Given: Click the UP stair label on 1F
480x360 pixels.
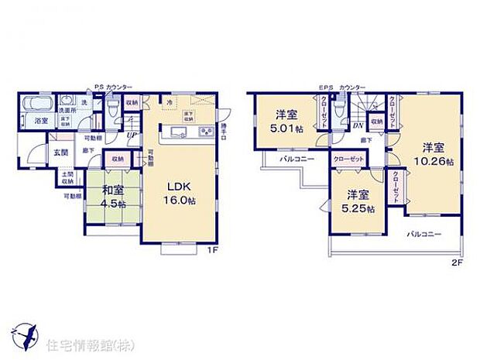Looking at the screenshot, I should [x=132, y=138].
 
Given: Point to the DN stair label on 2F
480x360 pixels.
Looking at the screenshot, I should [x=359, y=125].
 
